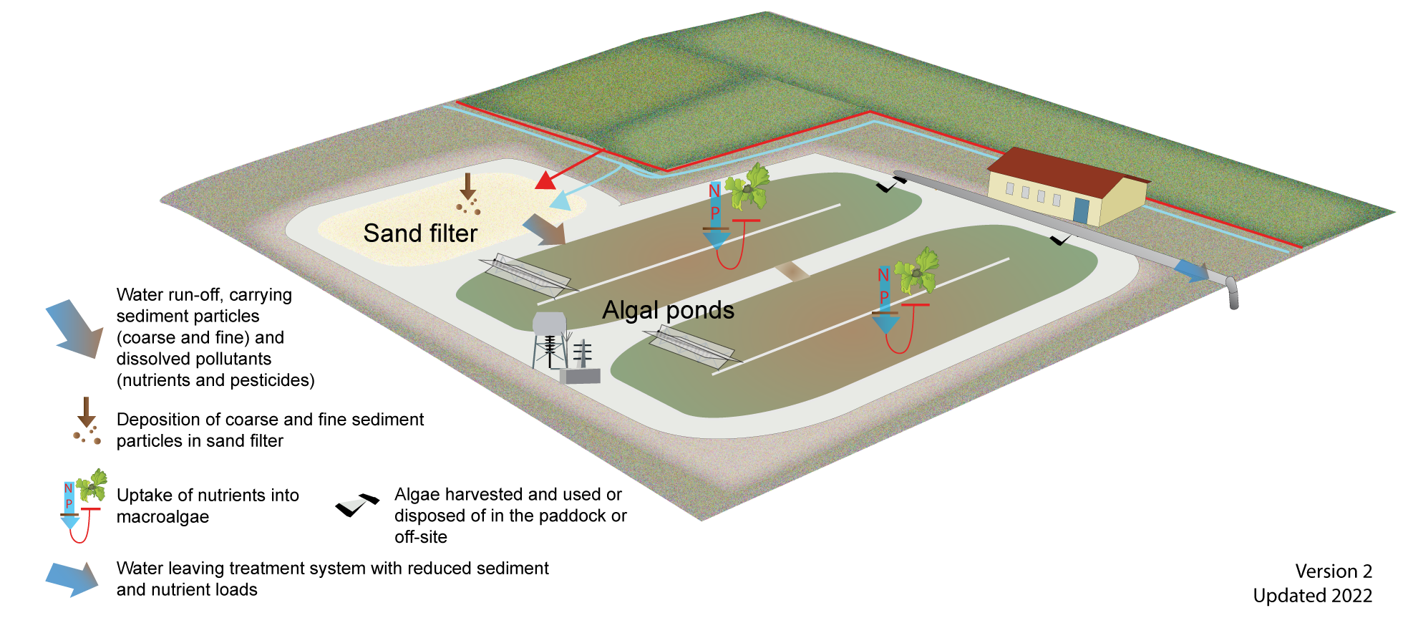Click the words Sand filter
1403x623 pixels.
420,233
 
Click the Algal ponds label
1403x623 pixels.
668,310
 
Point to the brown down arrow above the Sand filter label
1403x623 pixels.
467,187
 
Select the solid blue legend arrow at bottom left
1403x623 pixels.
72,579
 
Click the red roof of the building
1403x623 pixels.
1059,172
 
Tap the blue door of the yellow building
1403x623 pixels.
1080,211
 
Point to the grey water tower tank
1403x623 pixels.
549,324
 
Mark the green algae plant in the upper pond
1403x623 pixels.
749,186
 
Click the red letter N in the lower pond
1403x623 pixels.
883,275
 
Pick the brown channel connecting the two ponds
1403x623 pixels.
793,271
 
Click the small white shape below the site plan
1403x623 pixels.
353,504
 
